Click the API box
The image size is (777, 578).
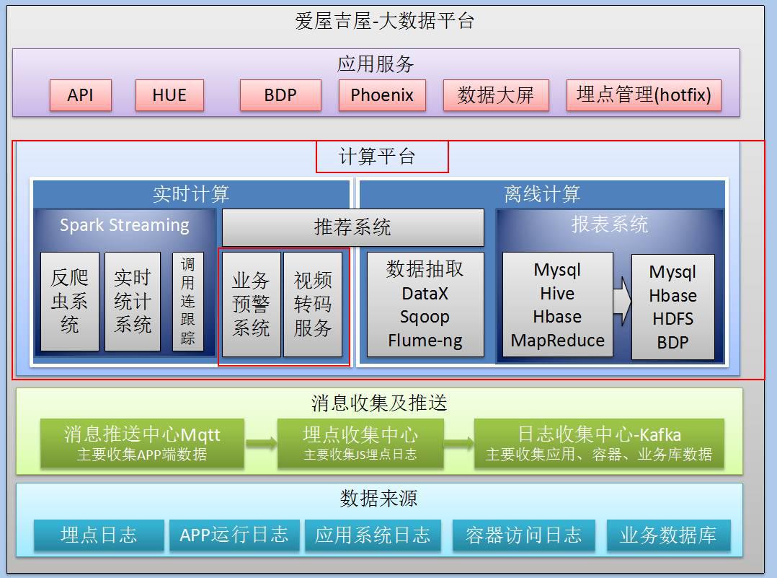click(80, 95)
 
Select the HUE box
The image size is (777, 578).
click(169, 95)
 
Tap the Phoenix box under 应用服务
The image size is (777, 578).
click(382, 95)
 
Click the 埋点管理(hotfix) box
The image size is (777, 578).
click(644, 95)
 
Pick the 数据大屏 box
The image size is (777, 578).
click(496, 95)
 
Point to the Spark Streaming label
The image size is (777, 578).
click(124, 225)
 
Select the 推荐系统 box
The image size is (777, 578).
click(352, 228)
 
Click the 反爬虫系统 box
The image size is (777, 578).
click(69, 301)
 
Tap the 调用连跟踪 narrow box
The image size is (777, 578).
click(187, 301)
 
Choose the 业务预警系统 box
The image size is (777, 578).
click(251, 304)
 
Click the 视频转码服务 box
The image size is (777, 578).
click(313, 304)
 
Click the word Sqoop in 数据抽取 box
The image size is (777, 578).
click(425, 317)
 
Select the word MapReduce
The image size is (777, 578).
click(558, 340)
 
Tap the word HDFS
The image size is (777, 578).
click(672, 319)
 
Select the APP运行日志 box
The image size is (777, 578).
click(234, 535)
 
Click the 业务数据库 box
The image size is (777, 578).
click(668, 535)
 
